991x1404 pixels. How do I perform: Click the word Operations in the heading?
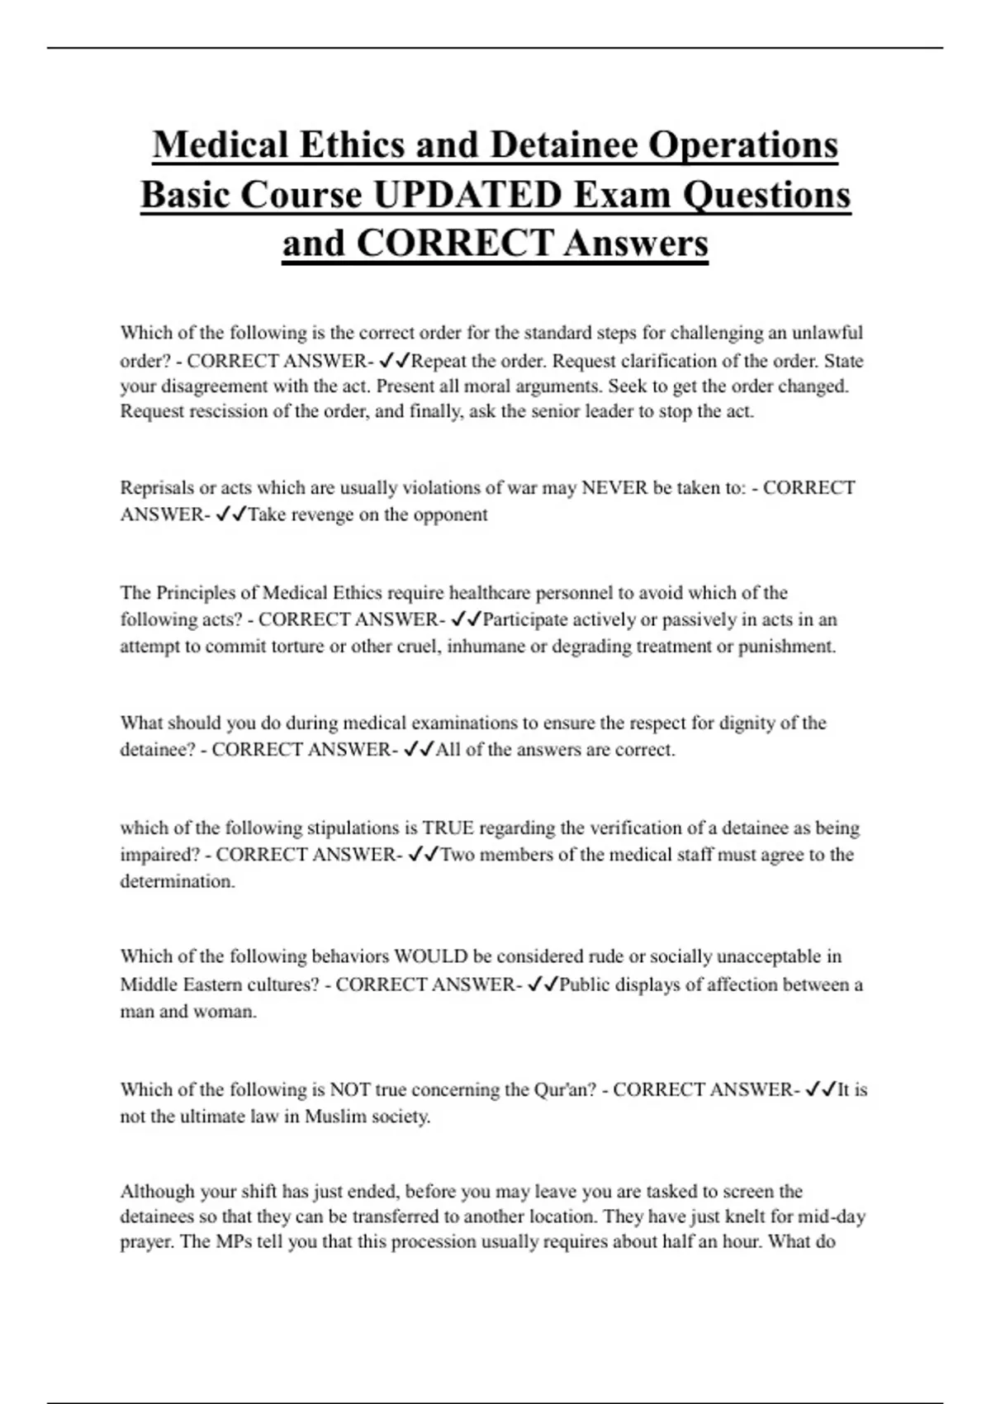point(743,145)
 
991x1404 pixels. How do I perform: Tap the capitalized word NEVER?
point(614,487)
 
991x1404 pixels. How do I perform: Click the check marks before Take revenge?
point(230,515)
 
